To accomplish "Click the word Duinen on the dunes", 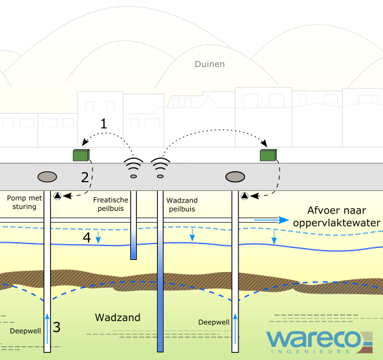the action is coord(210,64).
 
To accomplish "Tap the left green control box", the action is coord(81,155).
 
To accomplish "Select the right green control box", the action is coord(268,155).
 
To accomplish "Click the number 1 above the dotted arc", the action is coord(104,124).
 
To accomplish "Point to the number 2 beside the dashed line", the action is coord(85,178).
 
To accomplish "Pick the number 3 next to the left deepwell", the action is coord(57,327).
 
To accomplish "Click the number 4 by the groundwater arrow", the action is coord(87,238).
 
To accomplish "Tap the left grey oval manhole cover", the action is coord(47,177).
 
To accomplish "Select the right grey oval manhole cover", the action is coord(235,177).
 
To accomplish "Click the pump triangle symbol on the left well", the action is coord(57,196).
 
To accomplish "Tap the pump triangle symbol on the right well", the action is coord(244,196).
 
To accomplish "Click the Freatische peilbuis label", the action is coord(111,204).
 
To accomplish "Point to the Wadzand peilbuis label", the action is coord(182,205).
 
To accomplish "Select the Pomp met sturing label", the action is coord(25,202).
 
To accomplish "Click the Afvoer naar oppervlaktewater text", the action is coord(337,217).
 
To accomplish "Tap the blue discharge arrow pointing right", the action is coord(272,220).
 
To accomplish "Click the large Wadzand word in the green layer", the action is coord(117,318).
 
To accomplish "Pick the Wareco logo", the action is coord(319,342).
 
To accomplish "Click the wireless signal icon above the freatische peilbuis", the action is coord(134,168).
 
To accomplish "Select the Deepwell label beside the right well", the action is coord(214,322).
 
